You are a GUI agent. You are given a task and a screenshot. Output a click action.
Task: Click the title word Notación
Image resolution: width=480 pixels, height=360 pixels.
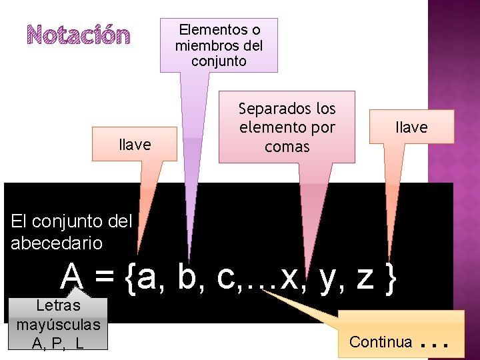tap(79, 35)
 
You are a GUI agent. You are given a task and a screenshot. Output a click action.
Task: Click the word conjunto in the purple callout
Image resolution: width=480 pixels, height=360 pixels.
tap(219, 61)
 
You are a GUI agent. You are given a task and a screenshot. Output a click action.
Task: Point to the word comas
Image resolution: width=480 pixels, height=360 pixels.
tap(287, 146)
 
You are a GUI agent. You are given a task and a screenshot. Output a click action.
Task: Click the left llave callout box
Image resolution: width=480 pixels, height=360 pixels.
tap(135, 145)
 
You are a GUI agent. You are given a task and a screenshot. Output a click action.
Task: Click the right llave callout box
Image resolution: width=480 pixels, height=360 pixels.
tap(411, 127)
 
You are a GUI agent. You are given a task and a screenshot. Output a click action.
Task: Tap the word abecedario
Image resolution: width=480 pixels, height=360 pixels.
tap(57, 243)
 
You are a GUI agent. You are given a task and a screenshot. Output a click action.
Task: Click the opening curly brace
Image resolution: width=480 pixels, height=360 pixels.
tap(130, 279)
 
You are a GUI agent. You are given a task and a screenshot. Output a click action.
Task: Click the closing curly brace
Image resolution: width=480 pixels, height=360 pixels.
tap(391, 279)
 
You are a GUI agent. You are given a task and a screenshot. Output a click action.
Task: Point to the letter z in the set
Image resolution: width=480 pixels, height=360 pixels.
tap(365, 279)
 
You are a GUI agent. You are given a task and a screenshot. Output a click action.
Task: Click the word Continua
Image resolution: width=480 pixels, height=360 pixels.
tap(381, 342)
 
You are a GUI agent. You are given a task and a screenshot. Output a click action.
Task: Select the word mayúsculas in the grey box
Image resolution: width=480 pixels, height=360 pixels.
tap(58, 325)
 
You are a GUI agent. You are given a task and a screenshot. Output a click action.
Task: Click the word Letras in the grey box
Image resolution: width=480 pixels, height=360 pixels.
tap(58, 306)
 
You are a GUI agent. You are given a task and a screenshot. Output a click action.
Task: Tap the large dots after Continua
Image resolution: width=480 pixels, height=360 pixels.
tap(433, 343)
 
